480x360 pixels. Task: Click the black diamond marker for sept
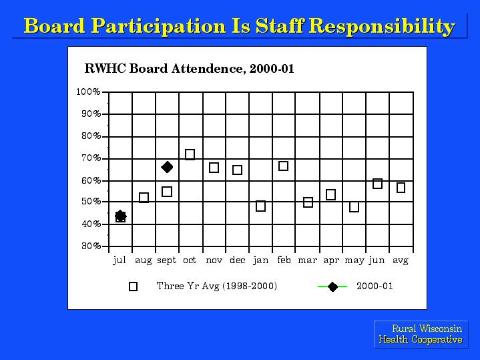pos(167,167)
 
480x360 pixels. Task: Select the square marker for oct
pos(190,154)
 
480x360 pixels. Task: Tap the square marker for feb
pos(284,166)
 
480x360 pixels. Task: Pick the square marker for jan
pos(260,206)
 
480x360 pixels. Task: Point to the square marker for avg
pos(401,188)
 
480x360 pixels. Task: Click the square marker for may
pos(354,207)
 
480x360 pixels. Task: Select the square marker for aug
pos(144,198)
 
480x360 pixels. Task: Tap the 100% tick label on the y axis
pos(89,92)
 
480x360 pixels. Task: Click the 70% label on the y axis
pos(91,158)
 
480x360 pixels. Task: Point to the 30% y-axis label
pos(91,246)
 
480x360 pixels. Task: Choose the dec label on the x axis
pos(238,260)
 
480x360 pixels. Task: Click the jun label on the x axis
pos(377,260)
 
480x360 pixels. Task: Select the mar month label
pos(307,260)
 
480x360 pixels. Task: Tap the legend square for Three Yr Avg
pos(133,287)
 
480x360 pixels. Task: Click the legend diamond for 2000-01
pos(332,287)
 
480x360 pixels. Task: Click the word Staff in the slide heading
pos(280,26)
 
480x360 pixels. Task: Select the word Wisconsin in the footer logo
pos(440,329)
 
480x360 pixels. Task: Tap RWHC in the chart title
pos(105,68)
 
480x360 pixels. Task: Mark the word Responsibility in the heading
pos(382,27)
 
